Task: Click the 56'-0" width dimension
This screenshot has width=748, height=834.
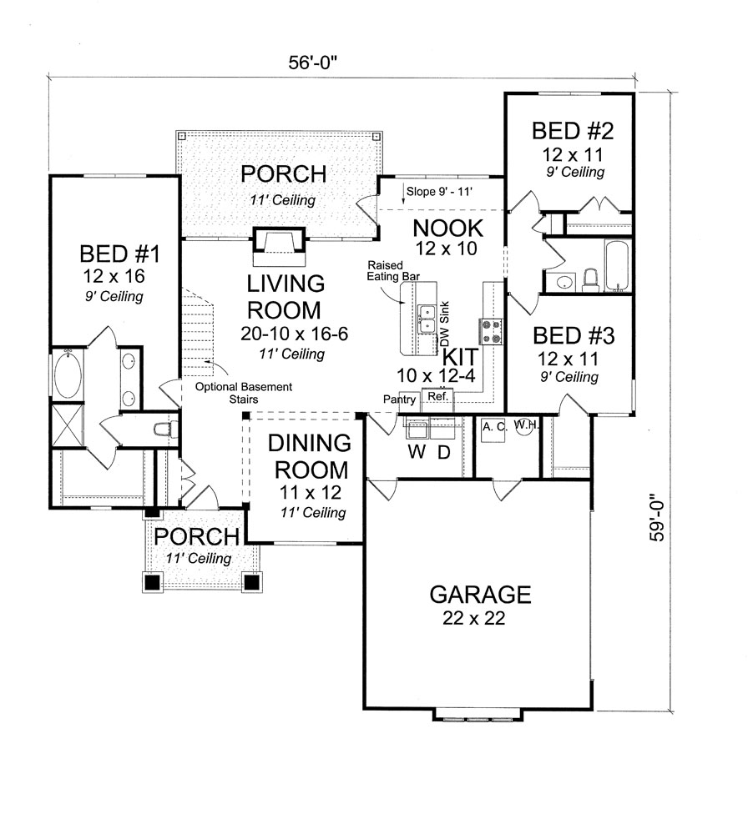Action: click(313, 63)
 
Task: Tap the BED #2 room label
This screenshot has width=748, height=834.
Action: click(573, 131)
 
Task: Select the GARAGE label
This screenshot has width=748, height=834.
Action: click(480, 595)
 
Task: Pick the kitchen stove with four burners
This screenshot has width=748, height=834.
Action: click(491, 331)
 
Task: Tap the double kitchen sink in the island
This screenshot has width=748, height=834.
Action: click(427, 319)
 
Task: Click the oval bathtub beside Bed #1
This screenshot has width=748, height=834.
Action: click(68, 377)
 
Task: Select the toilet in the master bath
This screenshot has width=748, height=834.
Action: click(165, 428)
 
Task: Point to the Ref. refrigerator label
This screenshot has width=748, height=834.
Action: click(438, 396)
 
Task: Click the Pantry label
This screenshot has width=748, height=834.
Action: click(399, 399)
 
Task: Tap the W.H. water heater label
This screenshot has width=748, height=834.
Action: click(527, 425)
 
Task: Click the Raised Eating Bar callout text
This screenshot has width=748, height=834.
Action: click(393, 271)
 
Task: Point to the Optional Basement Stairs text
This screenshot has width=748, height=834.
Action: click(244, 393)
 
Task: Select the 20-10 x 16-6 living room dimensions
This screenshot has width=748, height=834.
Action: click(294, 334)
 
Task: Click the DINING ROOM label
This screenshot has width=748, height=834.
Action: click(310, 456)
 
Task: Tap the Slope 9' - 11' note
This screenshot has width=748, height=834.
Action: click(439, 192)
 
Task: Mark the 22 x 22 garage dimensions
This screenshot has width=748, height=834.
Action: click(473, 618)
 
